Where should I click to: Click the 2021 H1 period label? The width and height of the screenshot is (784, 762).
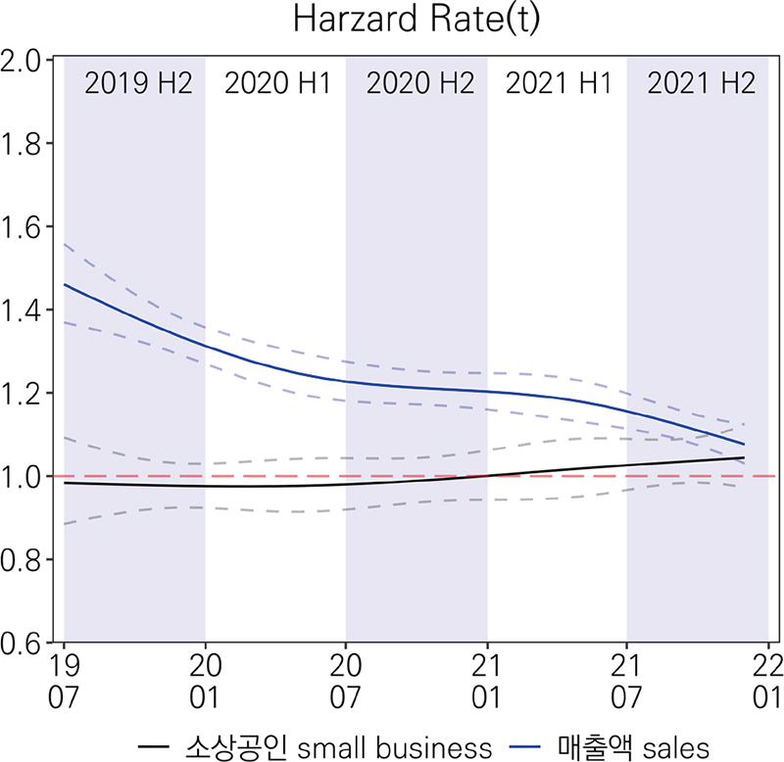pyautogui.click(x=558, y=83)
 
